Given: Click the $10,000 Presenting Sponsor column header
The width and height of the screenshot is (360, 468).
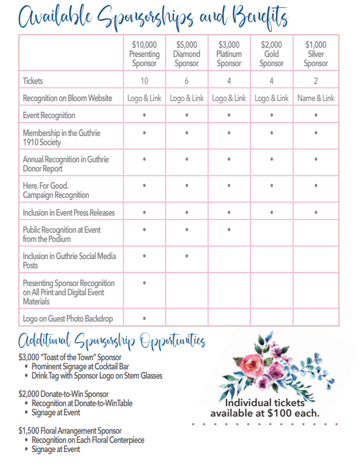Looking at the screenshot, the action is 144,54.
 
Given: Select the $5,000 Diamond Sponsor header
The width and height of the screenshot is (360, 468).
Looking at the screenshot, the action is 187,54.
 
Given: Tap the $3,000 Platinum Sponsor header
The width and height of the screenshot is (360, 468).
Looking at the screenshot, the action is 229,54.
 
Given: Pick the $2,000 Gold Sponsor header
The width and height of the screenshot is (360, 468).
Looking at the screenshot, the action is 271,54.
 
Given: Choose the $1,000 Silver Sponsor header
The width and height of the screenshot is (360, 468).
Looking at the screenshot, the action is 316,54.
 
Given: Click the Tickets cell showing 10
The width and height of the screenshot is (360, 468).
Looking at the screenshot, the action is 144,81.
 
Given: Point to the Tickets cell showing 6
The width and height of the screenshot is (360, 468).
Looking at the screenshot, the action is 187,81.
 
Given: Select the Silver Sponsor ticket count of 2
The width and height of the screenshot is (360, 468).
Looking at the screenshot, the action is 316,81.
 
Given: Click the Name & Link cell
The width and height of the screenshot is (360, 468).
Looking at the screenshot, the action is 316,98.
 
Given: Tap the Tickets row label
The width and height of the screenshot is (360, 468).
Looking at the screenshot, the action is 33,81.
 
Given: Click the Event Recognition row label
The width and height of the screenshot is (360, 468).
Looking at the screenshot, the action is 49,115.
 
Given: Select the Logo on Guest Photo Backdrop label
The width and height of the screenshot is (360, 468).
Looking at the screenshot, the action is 68,319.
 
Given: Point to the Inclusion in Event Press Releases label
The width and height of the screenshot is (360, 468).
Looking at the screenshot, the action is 69,213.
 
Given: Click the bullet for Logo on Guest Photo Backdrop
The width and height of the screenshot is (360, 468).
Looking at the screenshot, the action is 144,319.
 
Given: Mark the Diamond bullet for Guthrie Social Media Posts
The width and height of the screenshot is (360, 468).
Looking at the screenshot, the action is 187,256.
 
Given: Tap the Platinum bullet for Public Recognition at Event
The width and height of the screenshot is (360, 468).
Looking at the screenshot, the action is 229,230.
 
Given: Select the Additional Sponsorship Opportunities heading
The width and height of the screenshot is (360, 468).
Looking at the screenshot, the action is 111,341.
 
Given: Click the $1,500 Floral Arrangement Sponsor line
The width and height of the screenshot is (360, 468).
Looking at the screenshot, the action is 70,431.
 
